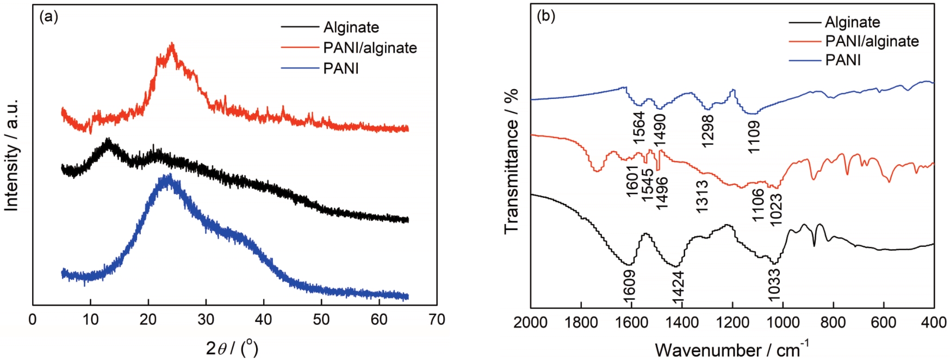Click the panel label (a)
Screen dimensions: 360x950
tap(49, 17)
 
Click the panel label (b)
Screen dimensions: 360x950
tap(546, 16)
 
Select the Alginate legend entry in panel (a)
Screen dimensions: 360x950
tap(351, 27)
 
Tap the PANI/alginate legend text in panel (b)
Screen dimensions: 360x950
tap(872, 41)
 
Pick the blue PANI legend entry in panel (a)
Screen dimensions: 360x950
tap(341, 69)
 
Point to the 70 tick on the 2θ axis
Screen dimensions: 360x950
tap(437, 320)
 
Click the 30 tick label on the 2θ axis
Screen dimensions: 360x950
tap(206, 320)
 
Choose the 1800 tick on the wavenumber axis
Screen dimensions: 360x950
tap(581, 322)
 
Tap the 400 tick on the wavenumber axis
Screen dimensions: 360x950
tap(933, 322)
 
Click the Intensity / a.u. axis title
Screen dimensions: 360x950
tap(11, 156)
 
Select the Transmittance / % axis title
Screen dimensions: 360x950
tap(511, 161)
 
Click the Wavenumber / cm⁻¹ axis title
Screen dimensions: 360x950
tap(731, 349)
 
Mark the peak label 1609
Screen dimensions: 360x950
tap(629, 283)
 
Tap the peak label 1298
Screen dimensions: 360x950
tap(707, 131)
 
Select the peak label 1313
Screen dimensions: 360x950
tap(702, 196)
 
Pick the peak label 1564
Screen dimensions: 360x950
tap(639, 128)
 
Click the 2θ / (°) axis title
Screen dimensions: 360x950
tap(232, 348)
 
